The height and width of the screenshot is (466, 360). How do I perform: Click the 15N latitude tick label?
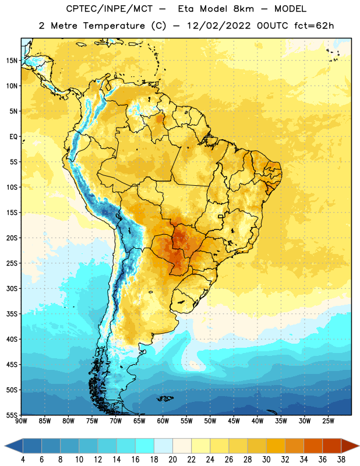12,61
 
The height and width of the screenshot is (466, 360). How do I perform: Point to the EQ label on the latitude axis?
13,137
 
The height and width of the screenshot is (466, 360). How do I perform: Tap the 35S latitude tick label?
12,314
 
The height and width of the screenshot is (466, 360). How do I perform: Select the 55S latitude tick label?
12,415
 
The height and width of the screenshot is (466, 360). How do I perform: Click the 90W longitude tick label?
21,421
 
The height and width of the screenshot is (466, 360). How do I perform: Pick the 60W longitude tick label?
163,421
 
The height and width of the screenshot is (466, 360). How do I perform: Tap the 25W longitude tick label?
328,421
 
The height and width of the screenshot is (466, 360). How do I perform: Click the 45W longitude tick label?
234,421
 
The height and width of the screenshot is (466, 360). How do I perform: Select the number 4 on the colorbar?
23,460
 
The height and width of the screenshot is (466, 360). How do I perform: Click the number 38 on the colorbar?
341,460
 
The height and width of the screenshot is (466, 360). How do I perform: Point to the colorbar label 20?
172,460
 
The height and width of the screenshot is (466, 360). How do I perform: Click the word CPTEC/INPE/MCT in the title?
110,9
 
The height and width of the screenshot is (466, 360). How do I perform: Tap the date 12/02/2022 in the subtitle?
219,26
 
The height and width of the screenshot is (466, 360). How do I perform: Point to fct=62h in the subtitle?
314,26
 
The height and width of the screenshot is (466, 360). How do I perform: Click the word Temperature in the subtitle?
114,26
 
